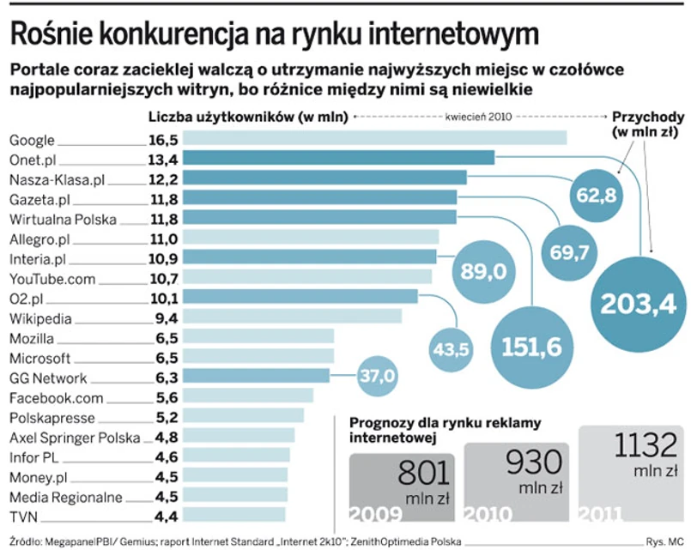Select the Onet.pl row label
(x=33, y=159)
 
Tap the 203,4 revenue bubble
(x=638, y=303)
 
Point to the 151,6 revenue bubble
(x=532, y=345)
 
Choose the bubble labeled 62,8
(x=596, y=195)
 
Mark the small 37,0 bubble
(x=378, y=376)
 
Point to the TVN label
(x=22, y=516)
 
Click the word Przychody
(x=646, y=118)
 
